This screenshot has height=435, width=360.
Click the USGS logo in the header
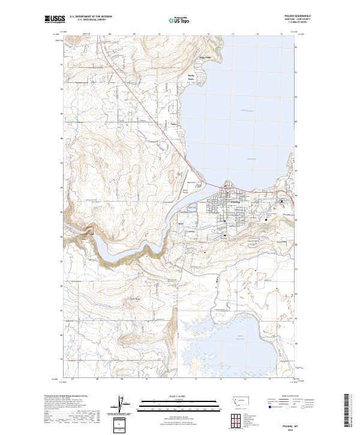click(55, 20)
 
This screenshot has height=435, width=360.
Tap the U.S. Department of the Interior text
click(91, 17)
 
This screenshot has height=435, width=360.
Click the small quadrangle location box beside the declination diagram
click(122, 425)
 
